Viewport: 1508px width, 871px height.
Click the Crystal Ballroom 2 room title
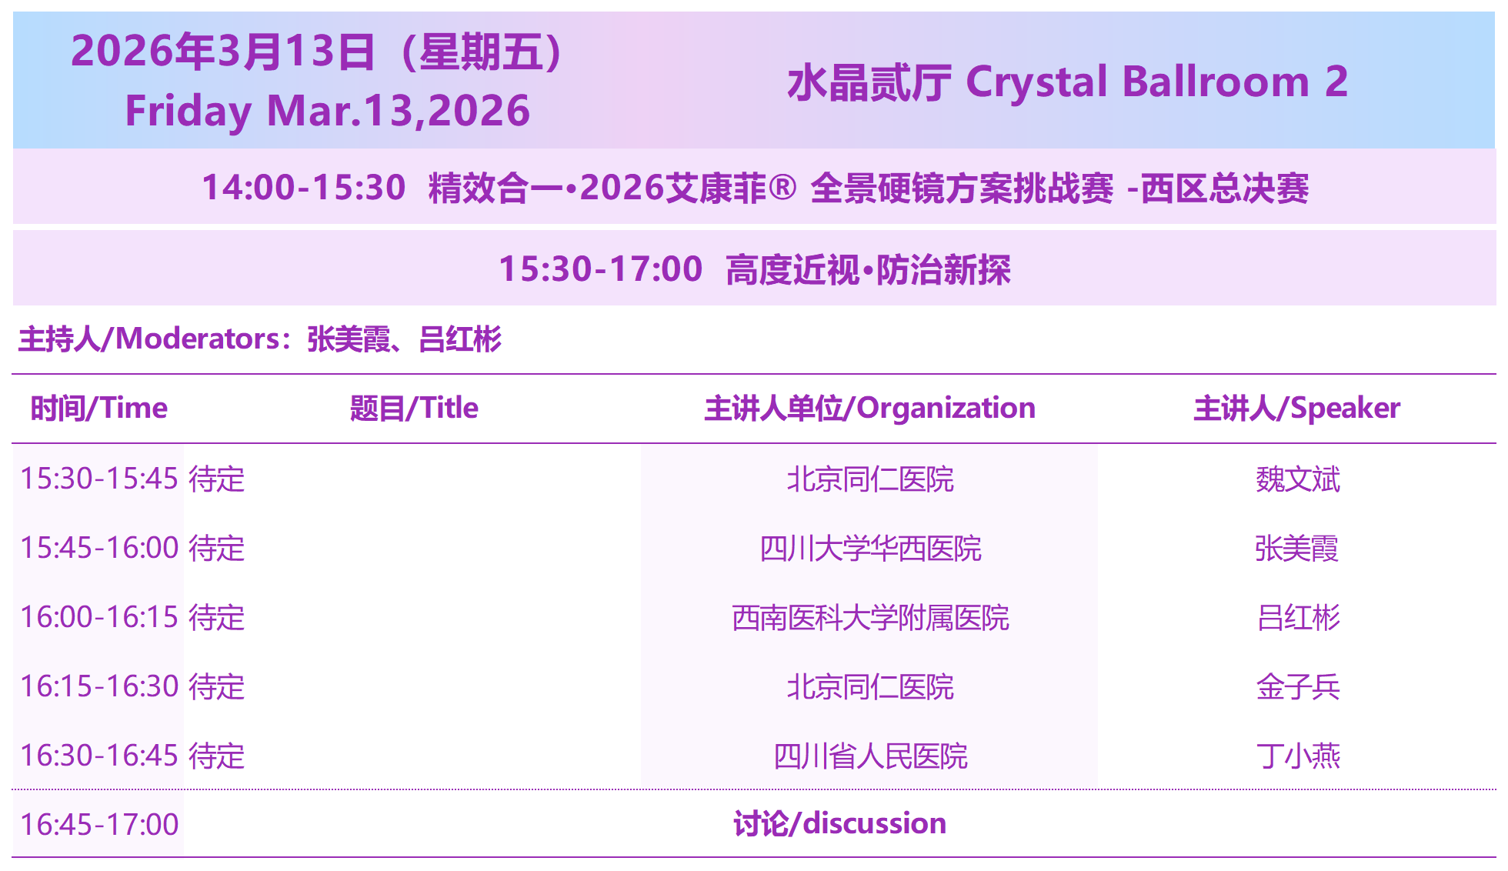click(x=1067, y=82)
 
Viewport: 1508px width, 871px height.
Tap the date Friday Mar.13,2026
click(x=327, y=111)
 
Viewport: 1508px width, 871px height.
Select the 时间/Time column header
click(x=98, y=409)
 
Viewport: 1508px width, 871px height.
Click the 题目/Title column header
click(x=414, y=409)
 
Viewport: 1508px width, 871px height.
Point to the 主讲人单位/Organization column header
click(x=869, y=409)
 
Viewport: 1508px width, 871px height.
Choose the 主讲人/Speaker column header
click(x=1296, y=409)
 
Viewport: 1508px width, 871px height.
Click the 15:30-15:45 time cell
click(x=99, y=479)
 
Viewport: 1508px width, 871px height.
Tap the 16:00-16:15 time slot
click(x=99, y=617)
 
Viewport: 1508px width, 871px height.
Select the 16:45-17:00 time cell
click(x=99, y=825)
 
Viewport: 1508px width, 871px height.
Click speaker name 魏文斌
click(x=1298, y=479)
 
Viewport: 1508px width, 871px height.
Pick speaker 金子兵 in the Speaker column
click(x=1298, y=687)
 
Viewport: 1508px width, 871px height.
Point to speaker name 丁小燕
click(x=1298, y=756)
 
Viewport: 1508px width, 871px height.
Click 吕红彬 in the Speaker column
click(x=1298, y=618)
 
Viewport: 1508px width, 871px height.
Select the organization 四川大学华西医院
click(x=870, y=549)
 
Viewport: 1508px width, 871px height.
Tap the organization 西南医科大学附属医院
click(x=870, y=618)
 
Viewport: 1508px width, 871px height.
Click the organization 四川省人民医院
click(x=870, y=756)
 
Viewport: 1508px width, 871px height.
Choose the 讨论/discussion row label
click(x=839, y=824)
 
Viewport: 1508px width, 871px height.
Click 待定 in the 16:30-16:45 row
click(x=217, y=756)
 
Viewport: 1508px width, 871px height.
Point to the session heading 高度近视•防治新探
click(x=868, y=270)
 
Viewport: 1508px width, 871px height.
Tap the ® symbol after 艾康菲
click(x=782, y=187)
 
